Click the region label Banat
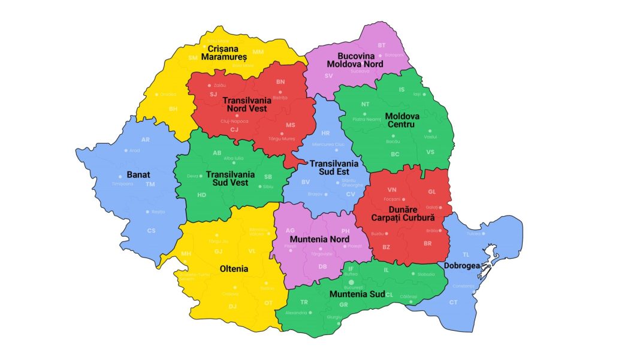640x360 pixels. pos(139,175)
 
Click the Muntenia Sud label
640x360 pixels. pos(357,294)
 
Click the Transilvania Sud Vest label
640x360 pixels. pos(230,179)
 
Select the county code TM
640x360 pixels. pos(150,184)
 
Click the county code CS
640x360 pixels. pos(151,231)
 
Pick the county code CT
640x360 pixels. pos(453,302)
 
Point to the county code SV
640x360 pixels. pos(328,76)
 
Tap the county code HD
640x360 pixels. pos(202,195)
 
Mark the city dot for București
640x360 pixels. pos(352,281)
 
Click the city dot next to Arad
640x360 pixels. pos(125,150)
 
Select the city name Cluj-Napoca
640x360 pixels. pos(234,121)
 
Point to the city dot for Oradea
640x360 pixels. pos(155,94)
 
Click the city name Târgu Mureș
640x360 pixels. pos(281,139)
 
